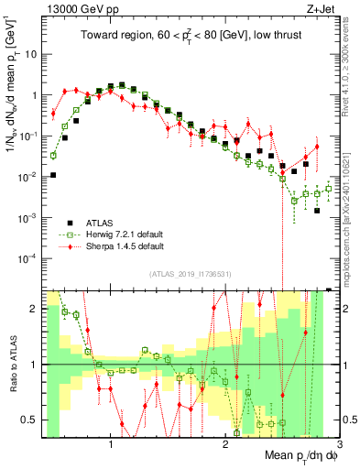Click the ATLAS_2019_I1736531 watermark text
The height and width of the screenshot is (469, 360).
pyautogui.click(x=190, y=274)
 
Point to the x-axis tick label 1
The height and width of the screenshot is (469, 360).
pyautogui.click(x=111, y=445)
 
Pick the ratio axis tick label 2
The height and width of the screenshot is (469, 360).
pyautogui.click(x=35, y=309)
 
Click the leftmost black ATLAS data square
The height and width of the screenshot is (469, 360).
pyautogui.click(x=53, y=175)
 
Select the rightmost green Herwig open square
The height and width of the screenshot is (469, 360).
pyautogui.click(x=328, y=189)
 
